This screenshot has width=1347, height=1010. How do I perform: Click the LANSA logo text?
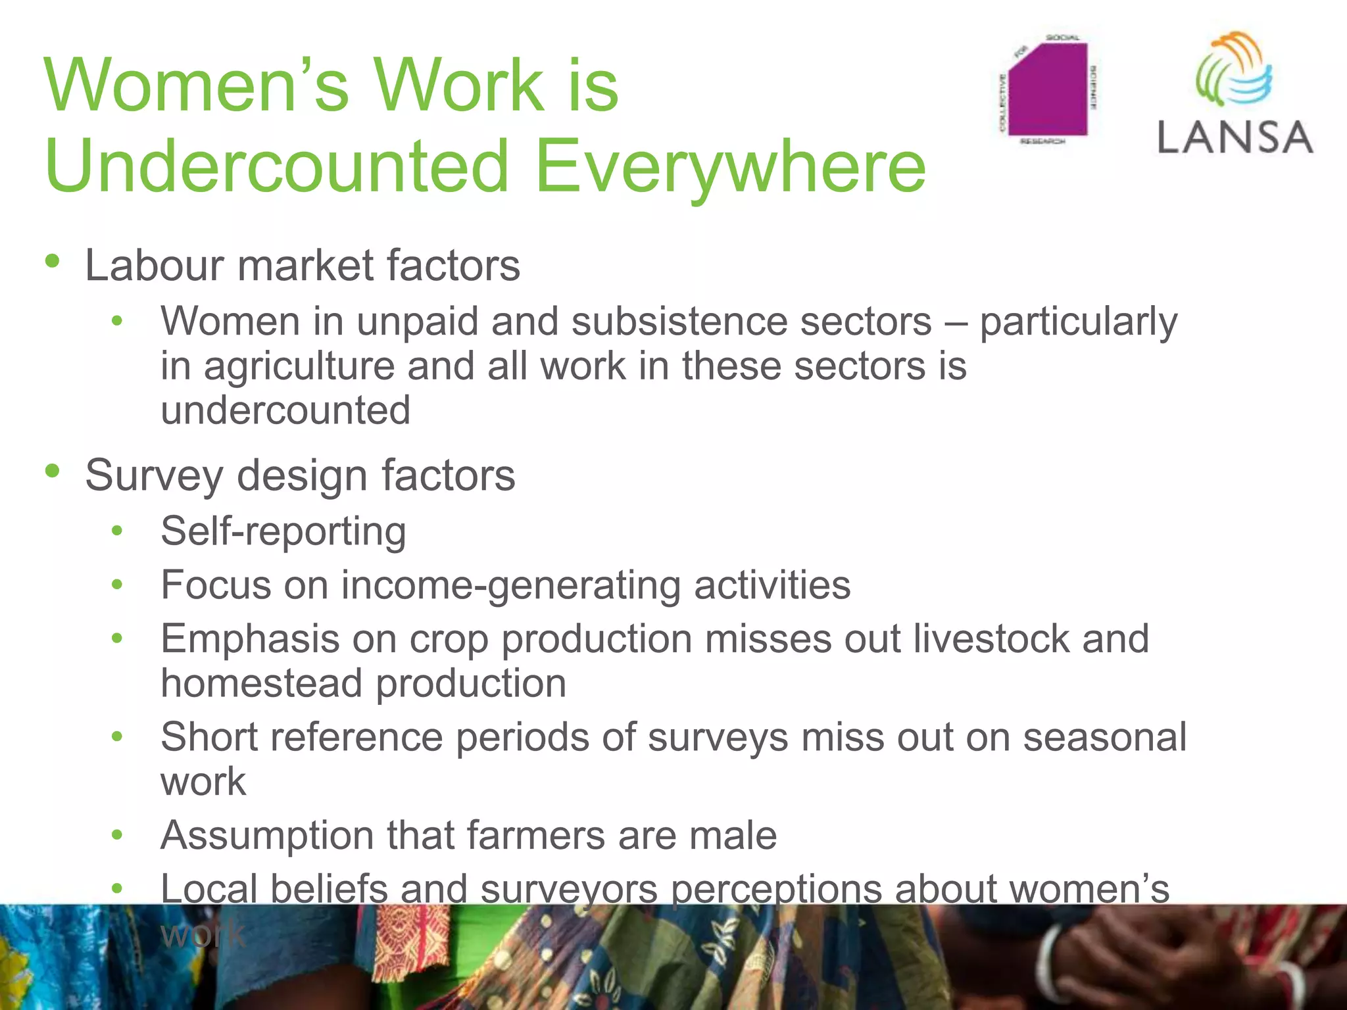[1235, 138]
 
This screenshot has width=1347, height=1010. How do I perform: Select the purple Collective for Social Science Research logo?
[1047, 89]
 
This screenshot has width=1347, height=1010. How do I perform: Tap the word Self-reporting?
[283, 531]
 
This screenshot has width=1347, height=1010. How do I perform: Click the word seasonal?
[1104, 737]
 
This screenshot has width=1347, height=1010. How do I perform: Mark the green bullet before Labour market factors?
[53, 261]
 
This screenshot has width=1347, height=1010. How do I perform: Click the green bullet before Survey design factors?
[53, 471]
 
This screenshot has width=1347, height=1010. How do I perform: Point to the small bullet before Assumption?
[117, 835]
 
